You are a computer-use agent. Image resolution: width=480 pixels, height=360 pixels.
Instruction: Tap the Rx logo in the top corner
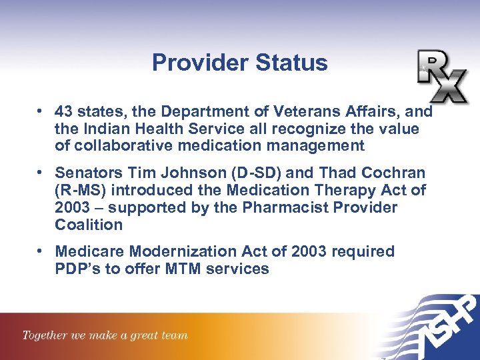(x=442, y=76)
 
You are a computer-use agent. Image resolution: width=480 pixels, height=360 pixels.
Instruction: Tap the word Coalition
(x=89, y=225)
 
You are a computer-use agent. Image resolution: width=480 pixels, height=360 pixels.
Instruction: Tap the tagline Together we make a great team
(x=105, y=335)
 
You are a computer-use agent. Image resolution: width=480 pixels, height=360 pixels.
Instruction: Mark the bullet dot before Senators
(x=41, y=173)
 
